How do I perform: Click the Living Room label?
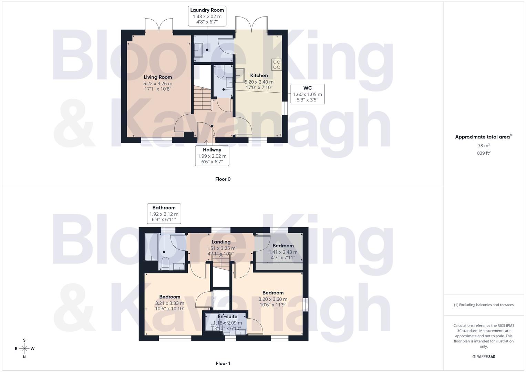158,77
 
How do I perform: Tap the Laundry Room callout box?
207,16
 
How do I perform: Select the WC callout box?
307,94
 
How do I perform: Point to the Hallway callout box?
212,156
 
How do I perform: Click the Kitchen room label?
259,75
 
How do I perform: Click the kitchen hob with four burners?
277,65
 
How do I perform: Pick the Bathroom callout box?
164,214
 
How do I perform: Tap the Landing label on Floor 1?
221,242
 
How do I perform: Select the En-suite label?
227,317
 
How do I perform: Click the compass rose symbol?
24,349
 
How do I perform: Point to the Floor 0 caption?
223,179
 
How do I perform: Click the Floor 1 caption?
223,363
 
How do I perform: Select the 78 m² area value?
484,146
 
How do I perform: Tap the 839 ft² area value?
484,153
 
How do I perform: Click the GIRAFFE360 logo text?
484,356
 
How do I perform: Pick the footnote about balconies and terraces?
484,305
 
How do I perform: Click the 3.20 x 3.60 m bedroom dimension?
273,299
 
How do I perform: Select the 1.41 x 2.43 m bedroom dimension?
283,252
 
